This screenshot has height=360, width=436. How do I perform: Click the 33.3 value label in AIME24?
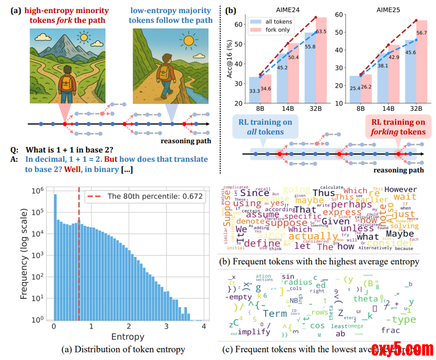click(x=253, y=91)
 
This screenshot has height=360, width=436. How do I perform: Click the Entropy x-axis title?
click(x=129, y=337)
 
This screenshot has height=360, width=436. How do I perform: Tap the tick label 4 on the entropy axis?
click(x=204, y=326)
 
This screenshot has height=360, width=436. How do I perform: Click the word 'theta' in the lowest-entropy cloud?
click(x=365, y=298)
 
